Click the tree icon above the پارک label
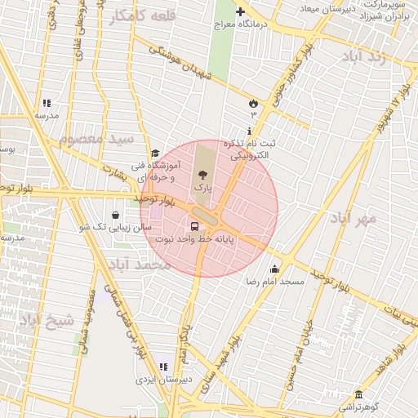pos(202,175)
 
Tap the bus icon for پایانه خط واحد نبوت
pos(194,227)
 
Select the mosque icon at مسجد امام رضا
pos(274,269)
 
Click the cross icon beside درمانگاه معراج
pos(240,11)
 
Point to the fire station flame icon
pos(253,103)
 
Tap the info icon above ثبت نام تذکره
pos(249,131)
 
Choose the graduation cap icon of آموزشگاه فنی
pos(155,153)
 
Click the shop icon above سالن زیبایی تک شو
pos(118,215)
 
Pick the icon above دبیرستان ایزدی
pos(163,367)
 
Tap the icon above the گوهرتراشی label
pos(357,394)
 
